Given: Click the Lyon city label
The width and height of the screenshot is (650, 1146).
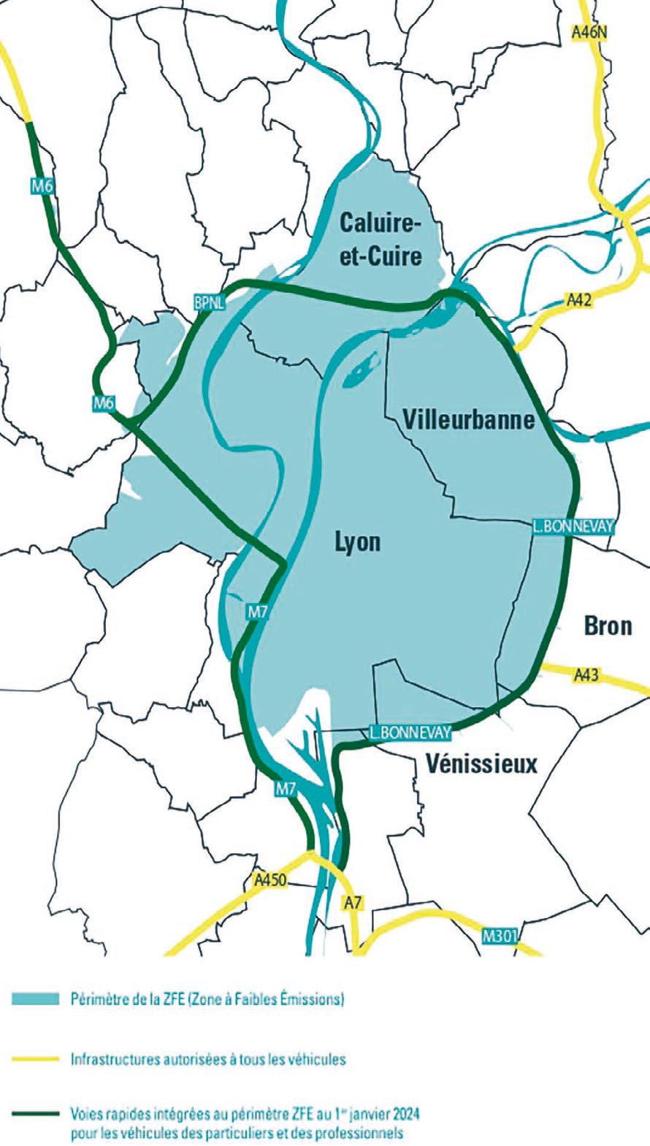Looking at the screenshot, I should [x=357, y=542].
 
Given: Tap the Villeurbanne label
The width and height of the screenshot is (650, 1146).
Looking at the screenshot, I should [x=468, y=420].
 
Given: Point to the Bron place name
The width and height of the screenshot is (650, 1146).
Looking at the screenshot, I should [x=608, y=626].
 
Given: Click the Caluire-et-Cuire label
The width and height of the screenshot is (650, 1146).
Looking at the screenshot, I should [x=381, y=239].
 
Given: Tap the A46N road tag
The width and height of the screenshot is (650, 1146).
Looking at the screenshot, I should [x=589, y=32].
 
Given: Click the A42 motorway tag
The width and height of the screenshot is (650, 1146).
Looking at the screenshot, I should [x=578, y=299].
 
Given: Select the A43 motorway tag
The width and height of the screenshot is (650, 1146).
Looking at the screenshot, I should [x=586, y=674].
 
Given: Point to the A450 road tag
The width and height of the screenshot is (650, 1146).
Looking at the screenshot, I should [x=269, y=880].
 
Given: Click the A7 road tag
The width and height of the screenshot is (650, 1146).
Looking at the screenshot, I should [x=353, y=903].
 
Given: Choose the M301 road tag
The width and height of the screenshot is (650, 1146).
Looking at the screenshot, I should [x=500, y=936].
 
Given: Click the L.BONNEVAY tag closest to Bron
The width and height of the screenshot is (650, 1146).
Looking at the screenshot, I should [x=573, y=526].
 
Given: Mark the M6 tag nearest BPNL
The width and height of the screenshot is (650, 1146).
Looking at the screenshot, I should [x=104, y=401].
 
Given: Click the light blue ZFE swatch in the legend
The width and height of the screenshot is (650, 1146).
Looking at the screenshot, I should [x=35, y=999].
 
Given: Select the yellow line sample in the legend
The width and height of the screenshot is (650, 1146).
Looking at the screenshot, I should [x=35, y=1058].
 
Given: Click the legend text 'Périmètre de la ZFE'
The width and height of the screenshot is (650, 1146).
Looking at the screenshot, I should [x=128, y=999].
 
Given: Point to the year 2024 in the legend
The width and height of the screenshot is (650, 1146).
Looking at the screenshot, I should [x=406, y=1115].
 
